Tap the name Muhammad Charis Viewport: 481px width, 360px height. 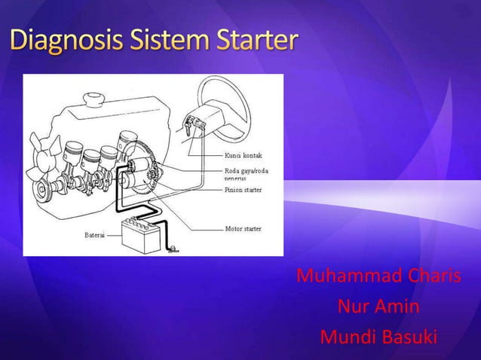378,276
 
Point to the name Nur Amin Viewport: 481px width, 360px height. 378,307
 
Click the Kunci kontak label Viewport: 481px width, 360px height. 243,155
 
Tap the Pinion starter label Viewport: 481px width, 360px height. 244,191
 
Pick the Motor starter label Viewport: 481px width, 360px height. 244,228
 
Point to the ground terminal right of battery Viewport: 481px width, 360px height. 173,249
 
